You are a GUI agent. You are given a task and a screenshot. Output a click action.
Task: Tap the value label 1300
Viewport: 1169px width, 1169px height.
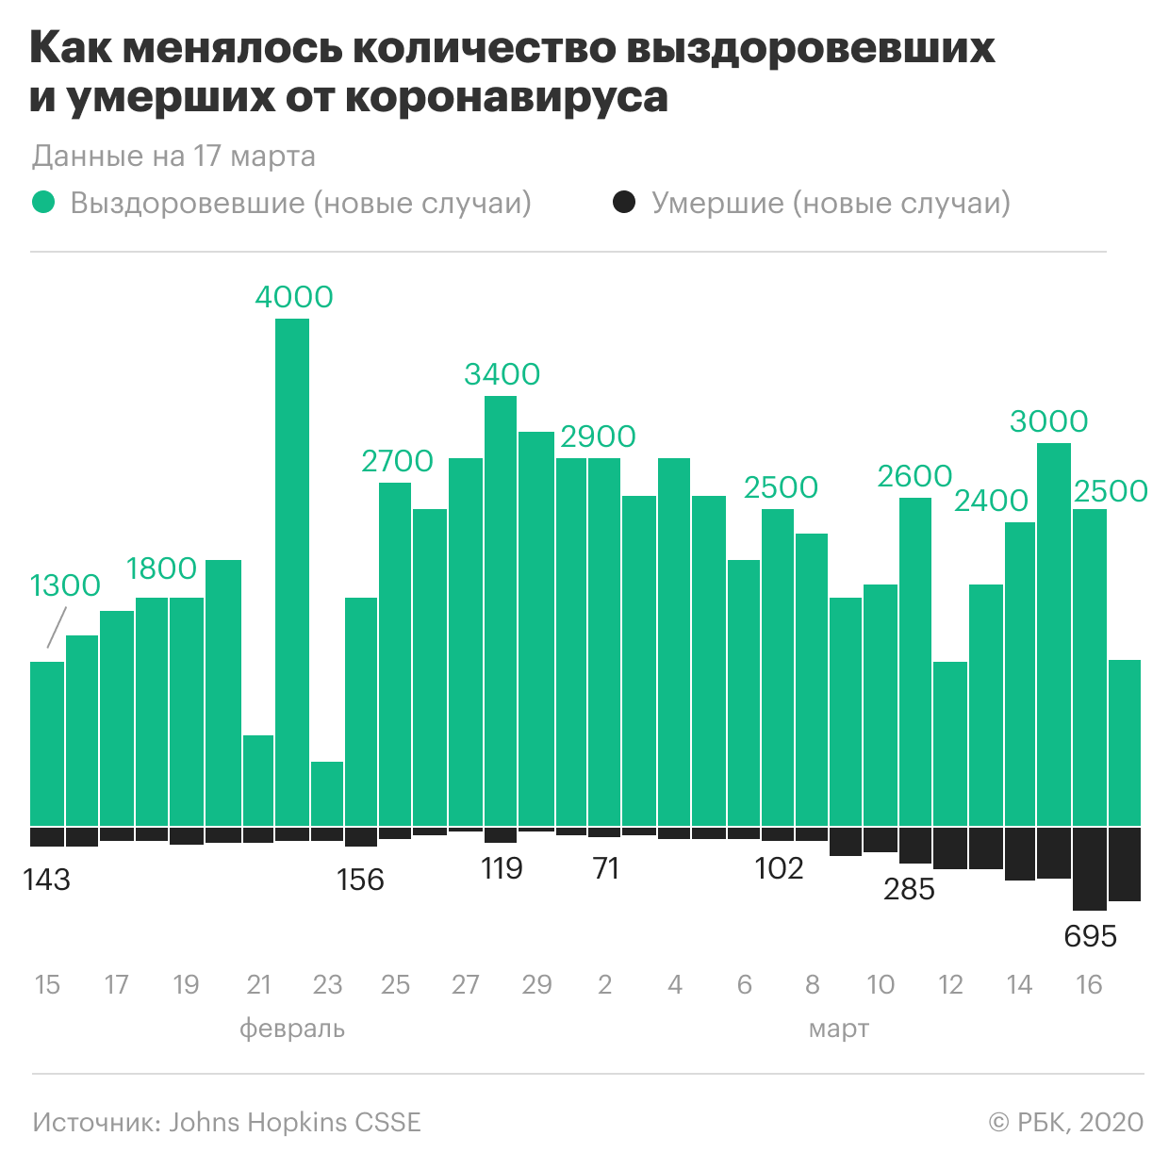tap(65, 585)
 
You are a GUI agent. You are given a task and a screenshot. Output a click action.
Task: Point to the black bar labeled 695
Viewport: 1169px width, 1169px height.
tap(1089, 867)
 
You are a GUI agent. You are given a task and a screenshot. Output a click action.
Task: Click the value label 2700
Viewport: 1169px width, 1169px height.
tap(397, 461)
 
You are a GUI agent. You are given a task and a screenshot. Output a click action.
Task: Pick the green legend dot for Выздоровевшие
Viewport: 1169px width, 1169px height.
tap(43, 203)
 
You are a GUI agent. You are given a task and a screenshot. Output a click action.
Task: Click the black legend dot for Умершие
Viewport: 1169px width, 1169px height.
tap(624, 203)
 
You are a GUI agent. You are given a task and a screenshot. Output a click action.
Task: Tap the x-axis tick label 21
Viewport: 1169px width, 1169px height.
tap(258, 985)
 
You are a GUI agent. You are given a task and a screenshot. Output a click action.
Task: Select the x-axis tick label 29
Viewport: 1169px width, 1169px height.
tap(536, 985)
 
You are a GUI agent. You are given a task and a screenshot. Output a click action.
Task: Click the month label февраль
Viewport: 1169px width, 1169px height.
tap(292, 1028)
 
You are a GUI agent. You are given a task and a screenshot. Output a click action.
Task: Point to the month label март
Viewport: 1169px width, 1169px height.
tap(838, 1028)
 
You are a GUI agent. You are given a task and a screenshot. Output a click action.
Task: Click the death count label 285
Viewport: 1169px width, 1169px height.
tap(909, 889)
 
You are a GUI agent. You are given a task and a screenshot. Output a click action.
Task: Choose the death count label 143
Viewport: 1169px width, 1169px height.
tap(47, 880)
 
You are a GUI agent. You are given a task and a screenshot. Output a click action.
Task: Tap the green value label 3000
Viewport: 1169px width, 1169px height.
tap(1048, 421)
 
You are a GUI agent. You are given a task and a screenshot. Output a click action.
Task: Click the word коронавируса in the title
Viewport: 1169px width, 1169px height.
tap(507, 97)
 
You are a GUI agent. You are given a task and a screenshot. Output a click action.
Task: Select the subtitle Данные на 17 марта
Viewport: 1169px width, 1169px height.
tap(173, 156)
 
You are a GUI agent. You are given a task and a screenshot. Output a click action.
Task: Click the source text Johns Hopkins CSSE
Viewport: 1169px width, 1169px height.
tap(295, 1122)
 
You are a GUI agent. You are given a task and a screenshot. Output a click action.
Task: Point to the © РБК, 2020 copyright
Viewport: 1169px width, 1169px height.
tap(1065, 1122)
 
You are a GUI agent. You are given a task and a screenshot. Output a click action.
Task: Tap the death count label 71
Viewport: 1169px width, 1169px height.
tap(606, 868)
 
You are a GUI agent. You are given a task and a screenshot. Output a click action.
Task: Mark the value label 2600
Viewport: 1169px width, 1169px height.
tap(914, 476)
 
